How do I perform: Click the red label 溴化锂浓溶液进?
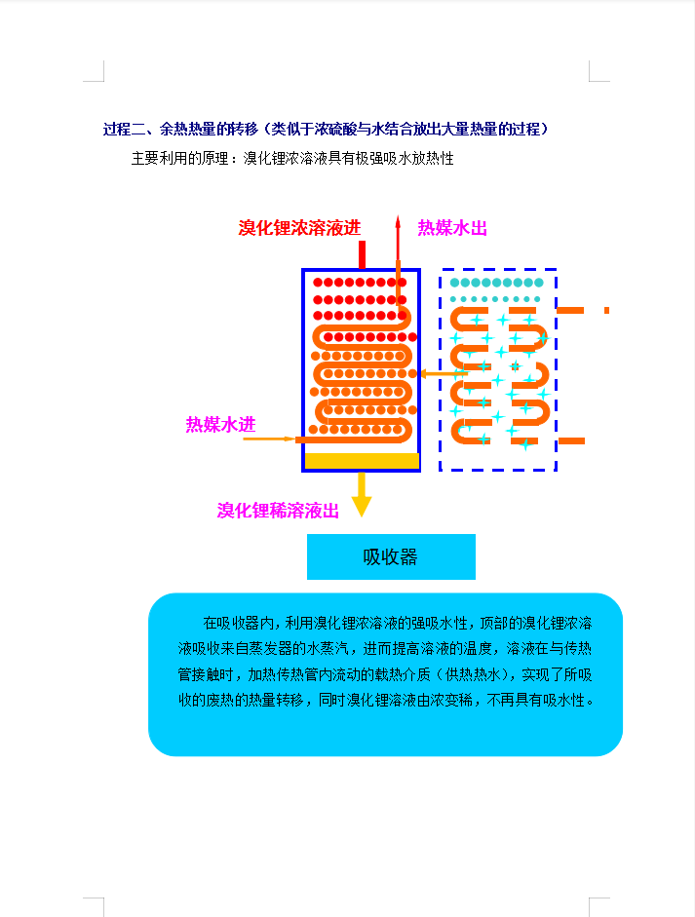tap(299, 227)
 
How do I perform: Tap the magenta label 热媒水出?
tap(452, 227)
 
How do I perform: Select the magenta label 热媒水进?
tap(220, 424)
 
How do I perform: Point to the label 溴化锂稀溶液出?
tap(278, 510)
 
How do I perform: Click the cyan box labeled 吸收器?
tap(391, 556)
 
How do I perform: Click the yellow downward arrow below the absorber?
tap(362, 495)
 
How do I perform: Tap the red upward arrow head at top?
tap(398, 222)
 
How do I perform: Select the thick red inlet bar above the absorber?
tap(363, 254)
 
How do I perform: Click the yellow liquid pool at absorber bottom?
tap(363, 461)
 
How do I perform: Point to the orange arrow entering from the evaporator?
tap(444, 373)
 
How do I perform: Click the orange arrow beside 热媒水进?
tap(269, 439)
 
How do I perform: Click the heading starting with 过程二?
tap(326, 129)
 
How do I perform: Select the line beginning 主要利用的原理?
tap(292, 159)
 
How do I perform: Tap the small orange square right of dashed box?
tap(606, 310)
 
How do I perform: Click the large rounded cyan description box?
tap(386, 674)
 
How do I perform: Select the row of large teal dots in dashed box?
tap(497, 283)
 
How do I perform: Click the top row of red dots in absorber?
tap(360, 283)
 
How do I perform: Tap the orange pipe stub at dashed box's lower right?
tap(571, 440)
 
